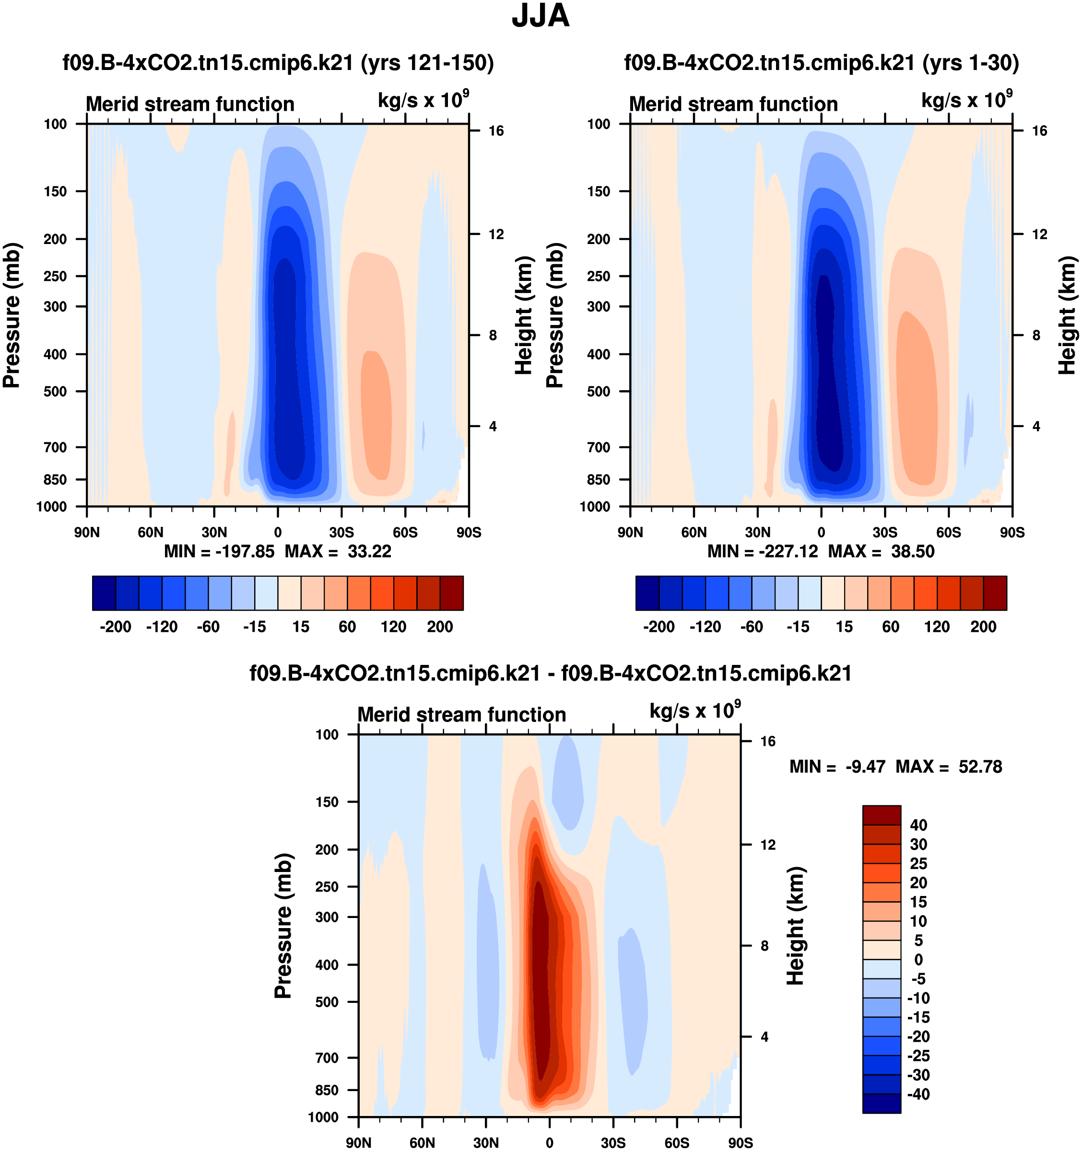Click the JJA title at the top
[541, 16]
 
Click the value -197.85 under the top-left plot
[245, 551]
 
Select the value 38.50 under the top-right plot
[912, 551]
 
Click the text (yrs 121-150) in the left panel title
[427, 62]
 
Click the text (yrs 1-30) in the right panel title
[971, 62]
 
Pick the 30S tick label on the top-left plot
[341, 532]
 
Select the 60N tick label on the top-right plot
[694, 532]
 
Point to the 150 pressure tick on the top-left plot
[55, 192]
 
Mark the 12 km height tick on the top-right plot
[1040, 234]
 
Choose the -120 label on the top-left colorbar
[162, 627]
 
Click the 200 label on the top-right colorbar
[983, 627]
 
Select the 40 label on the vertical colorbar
[918, 825]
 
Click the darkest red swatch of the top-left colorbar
[451, 593]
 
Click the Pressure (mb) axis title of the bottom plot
[283, 925]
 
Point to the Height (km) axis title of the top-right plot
[1067, 315]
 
